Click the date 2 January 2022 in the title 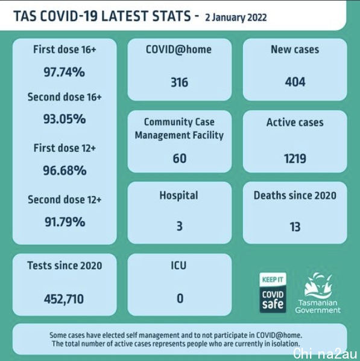236,18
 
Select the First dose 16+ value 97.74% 65,72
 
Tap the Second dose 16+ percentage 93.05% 65,119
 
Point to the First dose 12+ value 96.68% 65,171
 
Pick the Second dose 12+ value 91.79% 65,222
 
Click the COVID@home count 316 180,83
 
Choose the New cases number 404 295,81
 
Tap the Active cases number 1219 295,158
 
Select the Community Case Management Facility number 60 180,158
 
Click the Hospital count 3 180,226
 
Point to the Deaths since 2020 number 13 295,227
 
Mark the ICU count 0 180,298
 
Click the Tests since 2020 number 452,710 64,299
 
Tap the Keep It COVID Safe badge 273,293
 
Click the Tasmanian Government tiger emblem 318,286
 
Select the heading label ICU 178,266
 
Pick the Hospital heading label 178,196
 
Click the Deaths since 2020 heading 295,195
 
